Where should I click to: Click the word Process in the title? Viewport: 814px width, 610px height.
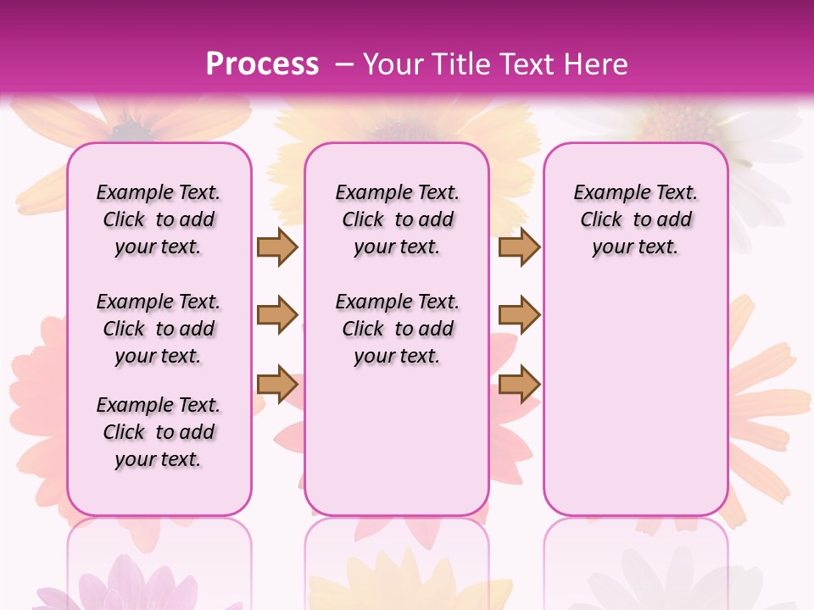(x=262, y=64)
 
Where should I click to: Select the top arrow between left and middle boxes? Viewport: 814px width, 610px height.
(x=277, y=247)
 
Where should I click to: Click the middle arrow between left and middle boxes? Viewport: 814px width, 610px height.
(x=277, y=315)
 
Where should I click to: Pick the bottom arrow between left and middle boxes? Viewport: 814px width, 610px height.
(x=277, y=384)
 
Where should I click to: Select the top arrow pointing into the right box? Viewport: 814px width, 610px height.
(x=519, y=247)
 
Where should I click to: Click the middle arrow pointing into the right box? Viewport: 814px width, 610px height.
(x=519, y=315)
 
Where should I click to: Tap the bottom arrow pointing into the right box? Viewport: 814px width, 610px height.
(x=519, y=384)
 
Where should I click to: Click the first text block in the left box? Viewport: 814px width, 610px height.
(x=159, y=219)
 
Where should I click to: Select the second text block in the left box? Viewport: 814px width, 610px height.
(x=159, y=329)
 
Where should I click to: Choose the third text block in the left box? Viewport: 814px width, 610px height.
(x=159, y=432)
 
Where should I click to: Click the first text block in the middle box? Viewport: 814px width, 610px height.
(x=397, y=219)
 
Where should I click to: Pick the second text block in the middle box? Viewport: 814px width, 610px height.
(x=397, y=329)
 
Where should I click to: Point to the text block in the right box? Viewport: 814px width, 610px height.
(x=635, y=219)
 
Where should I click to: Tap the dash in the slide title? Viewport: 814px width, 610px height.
(x=344, y=64)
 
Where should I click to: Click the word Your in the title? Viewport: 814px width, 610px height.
(x=393, y=64)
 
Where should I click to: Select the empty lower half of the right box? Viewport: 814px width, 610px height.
(x=635, y=398)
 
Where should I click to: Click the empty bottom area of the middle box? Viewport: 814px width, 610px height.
(x=397, y=449)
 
